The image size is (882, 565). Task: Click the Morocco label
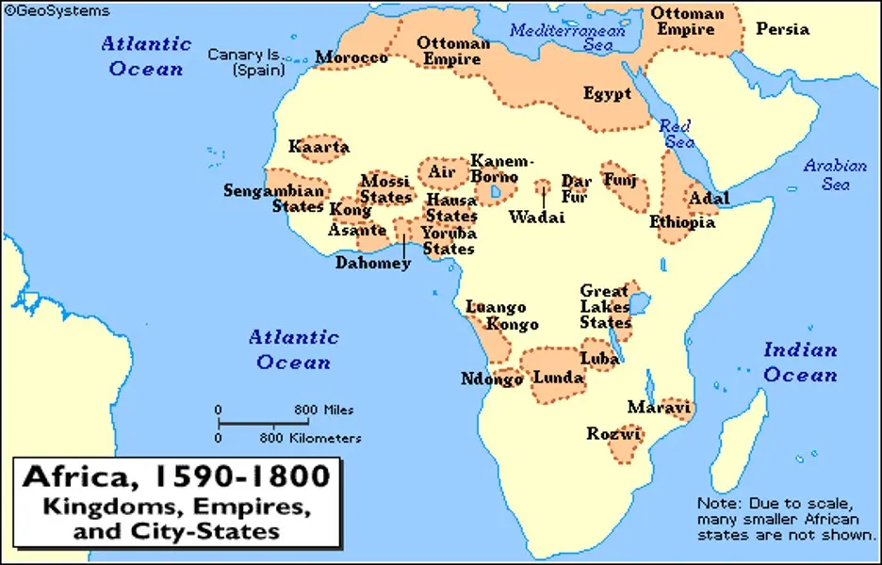coord(351,58)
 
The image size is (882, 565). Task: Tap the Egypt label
coord(607,94)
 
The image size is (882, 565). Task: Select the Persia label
coord(782,29)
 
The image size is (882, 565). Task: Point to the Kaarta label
coord(318,147)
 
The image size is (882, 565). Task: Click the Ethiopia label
coord(682,223)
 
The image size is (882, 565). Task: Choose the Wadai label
coord(536,217)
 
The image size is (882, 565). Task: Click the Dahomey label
coord(373,264)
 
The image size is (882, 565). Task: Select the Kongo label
coord(513,325)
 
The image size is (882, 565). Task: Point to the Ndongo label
coord(492,379)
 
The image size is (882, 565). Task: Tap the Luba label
coord(599,359)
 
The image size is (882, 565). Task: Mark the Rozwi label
coord(613,434)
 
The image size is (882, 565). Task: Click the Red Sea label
coord(675,134)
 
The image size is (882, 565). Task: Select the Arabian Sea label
coord(835,175)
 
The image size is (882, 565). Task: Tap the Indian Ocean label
coord(800,363)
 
